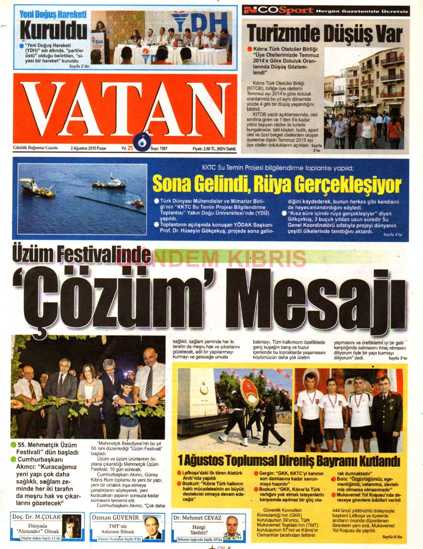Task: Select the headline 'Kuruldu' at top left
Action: [53, 31]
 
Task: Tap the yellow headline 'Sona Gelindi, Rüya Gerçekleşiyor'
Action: [276, 184]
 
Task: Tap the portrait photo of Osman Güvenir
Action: [151, 527]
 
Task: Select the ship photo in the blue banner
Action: [82, 197]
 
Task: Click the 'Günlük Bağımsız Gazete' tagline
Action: [36, 148]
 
